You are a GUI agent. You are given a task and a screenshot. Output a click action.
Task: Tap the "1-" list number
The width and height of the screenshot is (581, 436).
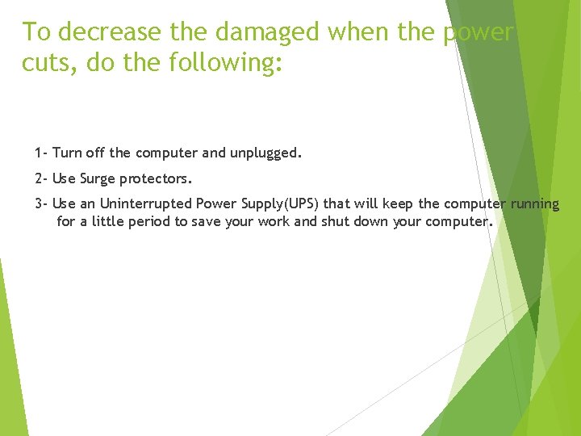tap(41, 153)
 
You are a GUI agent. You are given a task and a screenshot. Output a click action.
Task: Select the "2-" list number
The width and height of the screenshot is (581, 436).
tap(41, 178)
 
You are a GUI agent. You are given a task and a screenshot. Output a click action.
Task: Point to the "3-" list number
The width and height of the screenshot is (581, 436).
tap(41, 203)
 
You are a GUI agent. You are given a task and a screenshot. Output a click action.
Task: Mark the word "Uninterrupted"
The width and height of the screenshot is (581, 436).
tap(145, 203)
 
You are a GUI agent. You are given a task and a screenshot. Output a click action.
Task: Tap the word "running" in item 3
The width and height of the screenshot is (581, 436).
tap(534, 203)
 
